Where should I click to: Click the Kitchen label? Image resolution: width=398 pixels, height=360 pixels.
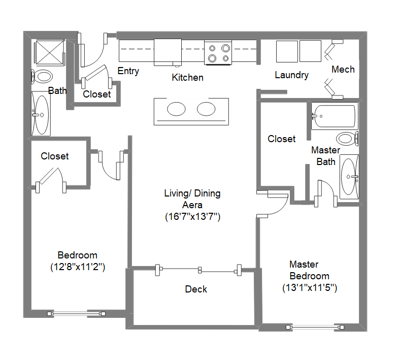point(187,78)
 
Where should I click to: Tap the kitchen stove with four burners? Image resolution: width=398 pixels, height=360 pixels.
point(218,53)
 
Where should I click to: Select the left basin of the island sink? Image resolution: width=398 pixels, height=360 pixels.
point(176,109)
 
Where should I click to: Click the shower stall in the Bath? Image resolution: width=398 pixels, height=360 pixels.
point(49,53)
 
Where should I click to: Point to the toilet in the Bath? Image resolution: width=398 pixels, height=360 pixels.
point(43,77)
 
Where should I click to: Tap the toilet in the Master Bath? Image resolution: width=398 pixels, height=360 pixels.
point(347,138)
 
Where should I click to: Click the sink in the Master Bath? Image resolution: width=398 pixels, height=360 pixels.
point(349,177)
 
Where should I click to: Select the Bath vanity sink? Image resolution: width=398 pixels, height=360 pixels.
point(41,114)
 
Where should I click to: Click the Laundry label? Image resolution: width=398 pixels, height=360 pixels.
point(291,75)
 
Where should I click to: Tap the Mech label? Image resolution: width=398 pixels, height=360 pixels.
point(343,69)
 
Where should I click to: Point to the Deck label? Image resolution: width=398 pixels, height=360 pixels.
point(196,289)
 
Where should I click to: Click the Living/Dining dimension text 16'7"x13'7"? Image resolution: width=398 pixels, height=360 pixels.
point(192,216)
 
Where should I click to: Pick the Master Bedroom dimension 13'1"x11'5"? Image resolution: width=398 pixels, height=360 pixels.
point(310,287)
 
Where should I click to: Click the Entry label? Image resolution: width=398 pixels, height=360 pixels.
point(128,71)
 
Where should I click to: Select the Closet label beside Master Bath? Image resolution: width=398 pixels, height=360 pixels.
point(281,139)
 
